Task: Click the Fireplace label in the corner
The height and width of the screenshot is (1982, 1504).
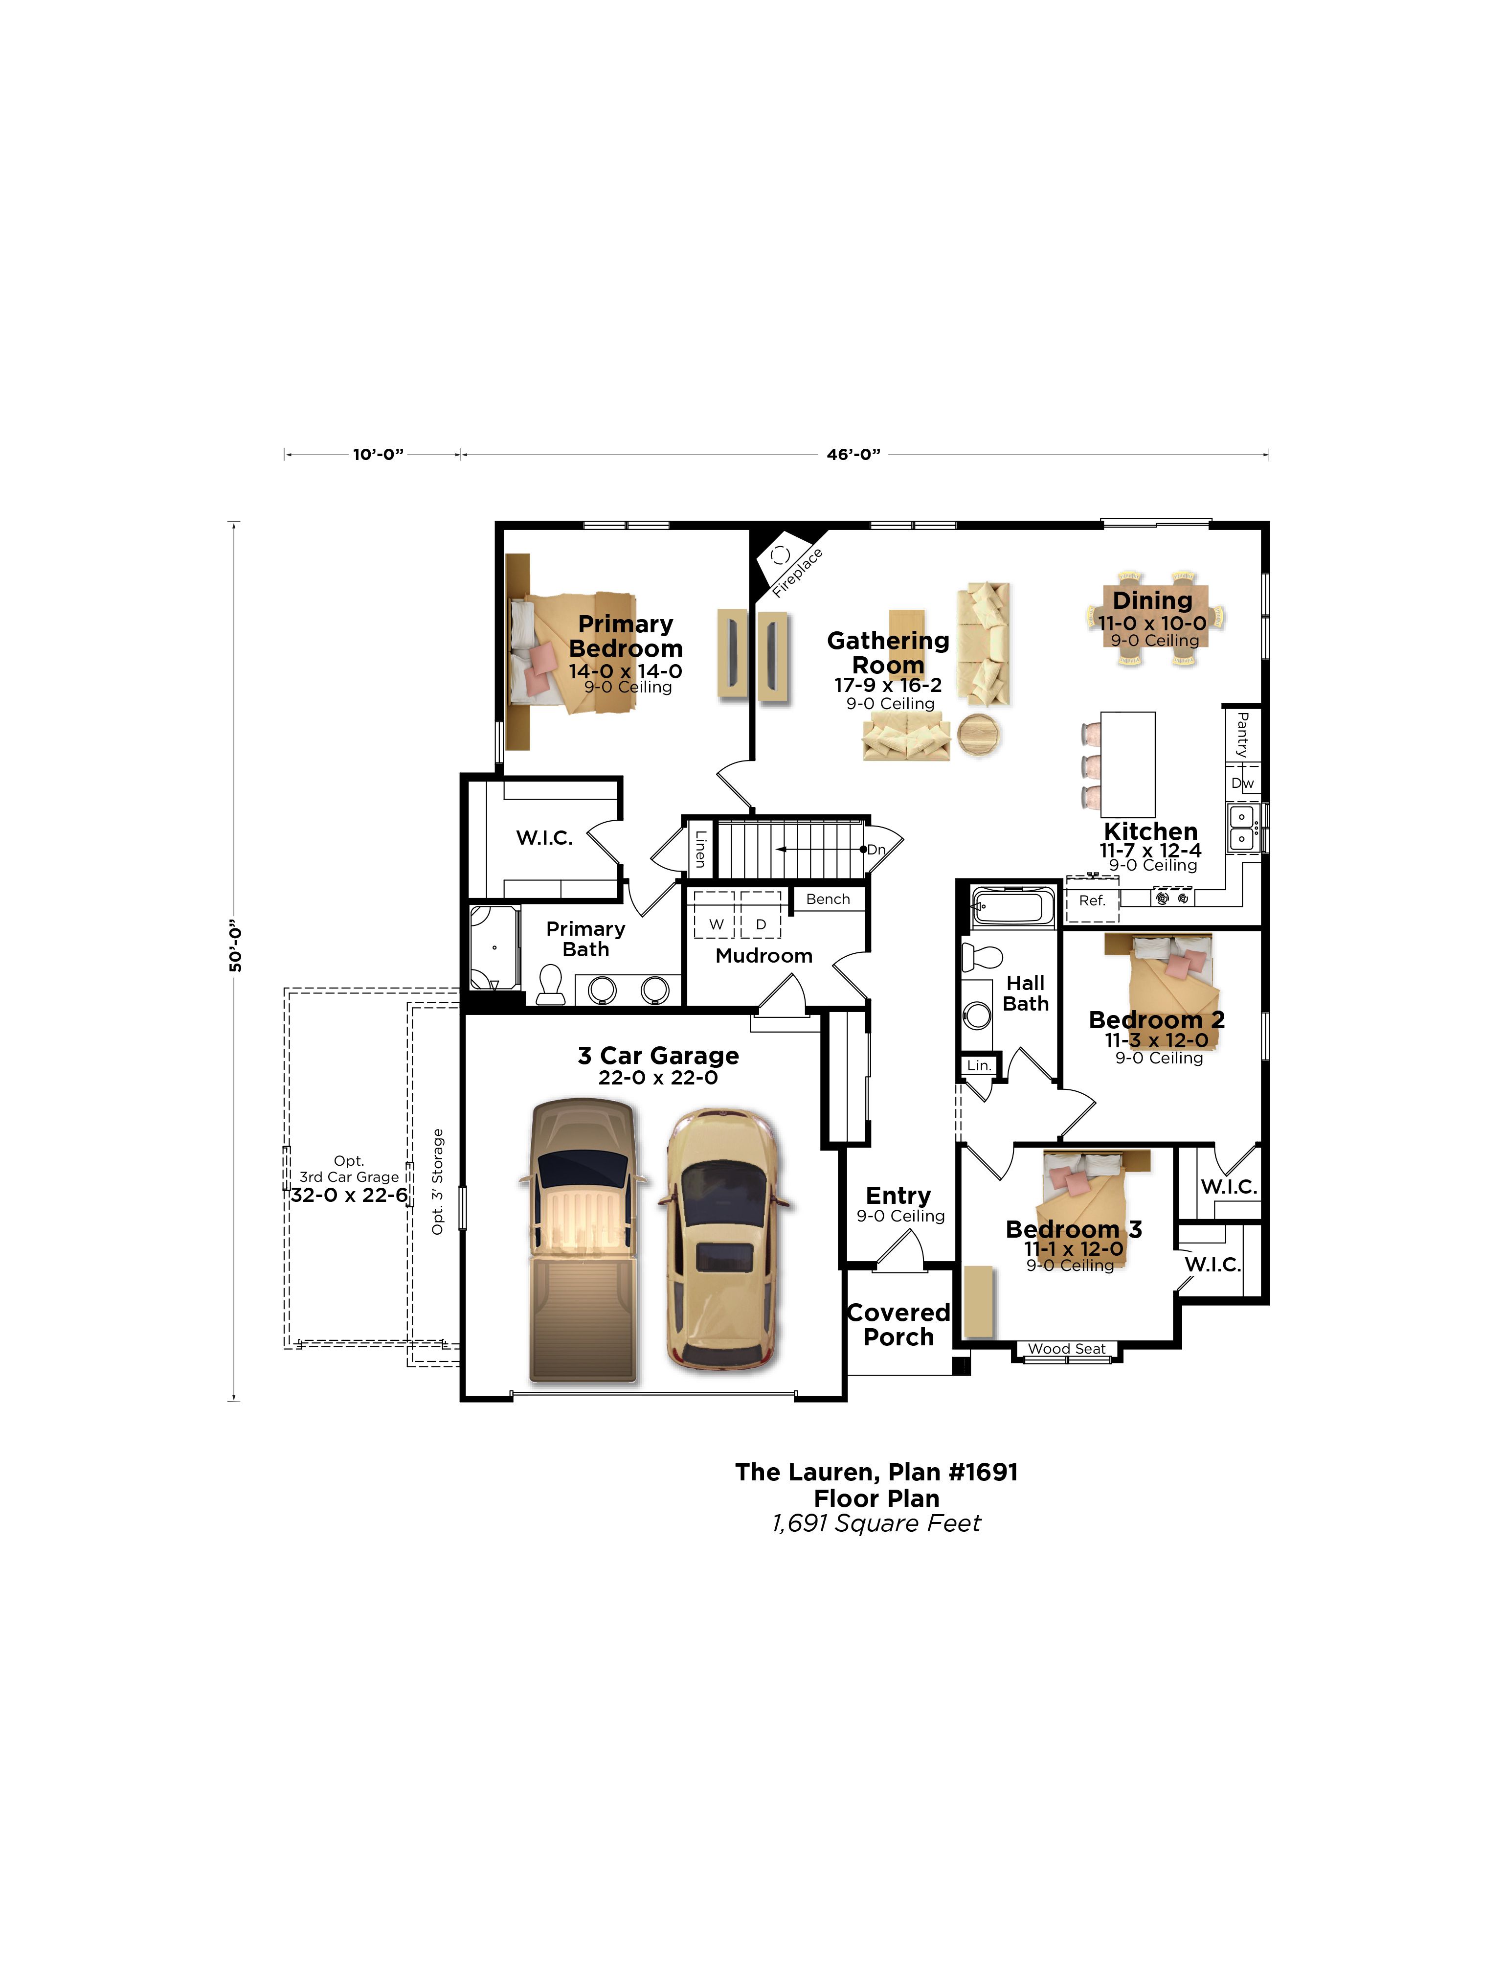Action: pos(797,573)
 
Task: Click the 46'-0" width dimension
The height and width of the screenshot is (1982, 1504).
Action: pos(853,454)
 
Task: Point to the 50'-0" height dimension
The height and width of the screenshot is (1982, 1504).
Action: pos(236,946)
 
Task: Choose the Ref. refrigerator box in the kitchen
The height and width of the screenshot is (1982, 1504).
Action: pos(1092,900)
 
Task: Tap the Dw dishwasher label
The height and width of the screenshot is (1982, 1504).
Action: pos(1242,783)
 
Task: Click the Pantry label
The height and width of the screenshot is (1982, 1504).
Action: pos(1242,735)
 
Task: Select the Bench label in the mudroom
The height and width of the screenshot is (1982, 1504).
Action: pos(828,899)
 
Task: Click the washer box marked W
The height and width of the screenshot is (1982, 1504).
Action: pos(715,915)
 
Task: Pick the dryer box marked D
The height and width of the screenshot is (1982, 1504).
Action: pos(761,915)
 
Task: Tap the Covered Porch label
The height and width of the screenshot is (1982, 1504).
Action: pos(898,1324)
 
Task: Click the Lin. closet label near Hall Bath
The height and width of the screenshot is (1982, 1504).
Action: pos(979,1065)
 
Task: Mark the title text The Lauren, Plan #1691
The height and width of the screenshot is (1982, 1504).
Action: pos(876,1472)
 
